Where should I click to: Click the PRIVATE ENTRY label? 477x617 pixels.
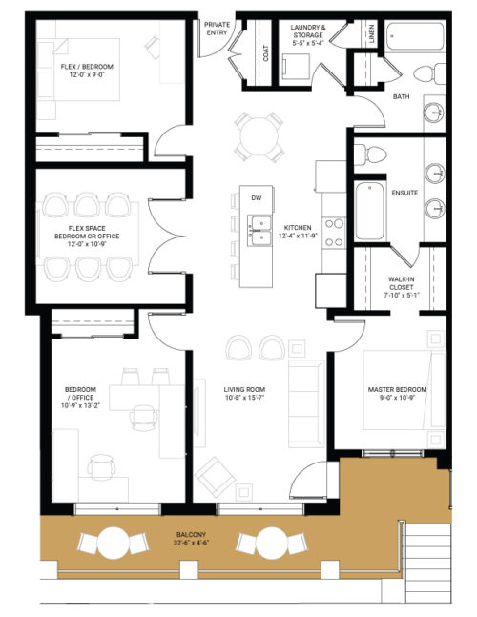pos(218,28)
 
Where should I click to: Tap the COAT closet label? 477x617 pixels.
pos(265,53)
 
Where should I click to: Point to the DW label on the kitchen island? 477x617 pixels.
pos(256,197)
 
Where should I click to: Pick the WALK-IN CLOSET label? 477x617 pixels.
pos(402,287)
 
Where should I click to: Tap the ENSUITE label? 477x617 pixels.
pos(404,193)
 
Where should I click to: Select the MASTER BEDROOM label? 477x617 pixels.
pos(398,395)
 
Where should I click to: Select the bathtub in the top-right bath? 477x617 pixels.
pos(418,40)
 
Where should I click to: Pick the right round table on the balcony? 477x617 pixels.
pos(259,544)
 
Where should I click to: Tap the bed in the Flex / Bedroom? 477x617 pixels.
pos(79,70)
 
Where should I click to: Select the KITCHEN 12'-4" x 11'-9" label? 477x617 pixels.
pos(297,231)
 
